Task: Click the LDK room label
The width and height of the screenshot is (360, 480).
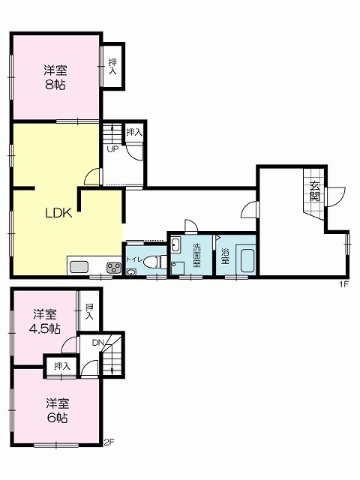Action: (x=58, y=213)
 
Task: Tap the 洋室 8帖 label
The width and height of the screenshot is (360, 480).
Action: (x=55, y=77)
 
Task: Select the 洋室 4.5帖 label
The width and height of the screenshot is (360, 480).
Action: (x=45, y=321)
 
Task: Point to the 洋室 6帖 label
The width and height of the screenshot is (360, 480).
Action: (x=57, y=410)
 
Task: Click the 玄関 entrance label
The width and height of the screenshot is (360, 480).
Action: (x=315, y=191)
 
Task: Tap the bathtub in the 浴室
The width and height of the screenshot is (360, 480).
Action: (x=247, y=260)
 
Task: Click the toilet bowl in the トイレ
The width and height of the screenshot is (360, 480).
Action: (x=151, y=262)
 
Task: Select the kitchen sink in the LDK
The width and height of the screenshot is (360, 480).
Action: (x=79, y=267)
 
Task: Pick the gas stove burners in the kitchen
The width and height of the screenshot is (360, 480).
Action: (x=114, y=268)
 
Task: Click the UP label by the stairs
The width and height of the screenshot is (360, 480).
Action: (x=112, y=149)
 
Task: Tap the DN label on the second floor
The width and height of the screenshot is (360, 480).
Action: (x=98, y=343)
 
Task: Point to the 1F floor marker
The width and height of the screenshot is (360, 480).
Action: (x=344, y=284)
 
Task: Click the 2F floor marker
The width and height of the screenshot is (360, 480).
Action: (x=109, y=442)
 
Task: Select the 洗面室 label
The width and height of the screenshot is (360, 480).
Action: (x=196, y=255)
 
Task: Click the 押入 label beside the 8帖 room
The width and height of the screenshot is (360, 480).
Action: (x=113, y=67)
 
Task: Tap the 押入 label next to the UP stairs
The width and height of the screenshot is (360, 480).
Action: (x=134, y=132)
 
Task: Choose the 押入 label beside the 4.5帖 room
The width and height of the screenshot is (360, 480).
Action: (x=89, y=312)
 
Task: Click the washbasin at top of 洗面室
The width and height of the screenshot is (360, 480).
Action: (x=175, y=244)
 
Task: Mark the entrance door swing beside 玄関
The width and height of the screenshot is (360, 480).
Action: (x=336, y=196)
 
